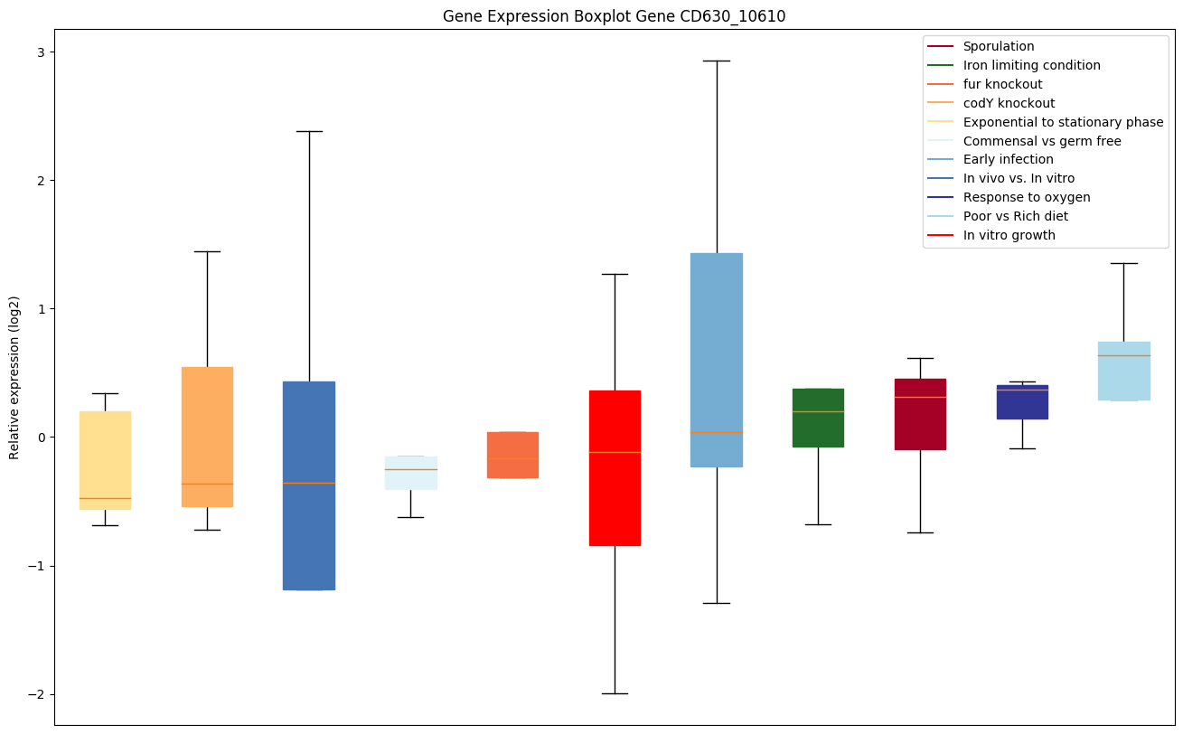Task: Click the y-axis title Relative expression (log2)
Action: [x=14, y=377]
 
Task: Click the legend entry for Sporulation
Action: [x=998, y=46]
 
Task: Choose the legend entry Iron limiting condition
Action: [x=1031, y=65]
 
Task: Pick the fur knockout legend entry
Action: [x=1002, y=84]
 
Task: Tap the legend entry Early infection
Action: [x=1008, y=159]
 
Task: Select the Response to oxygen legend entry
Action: [x=1026, y=197]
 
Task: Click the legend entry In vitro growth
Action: [x=1009, y=235]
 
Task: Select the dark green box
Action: [x=818, y=418]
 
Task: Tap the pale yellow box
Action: [x=105, y=460]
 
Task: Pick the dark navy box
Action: [x=1022, y=401]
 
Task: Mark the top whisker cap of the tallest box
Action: [x=717, y=61]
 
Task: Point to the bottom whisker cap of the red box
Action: [x=615, y=693]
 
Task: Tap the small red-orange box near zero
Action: [x=512, y=455]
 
